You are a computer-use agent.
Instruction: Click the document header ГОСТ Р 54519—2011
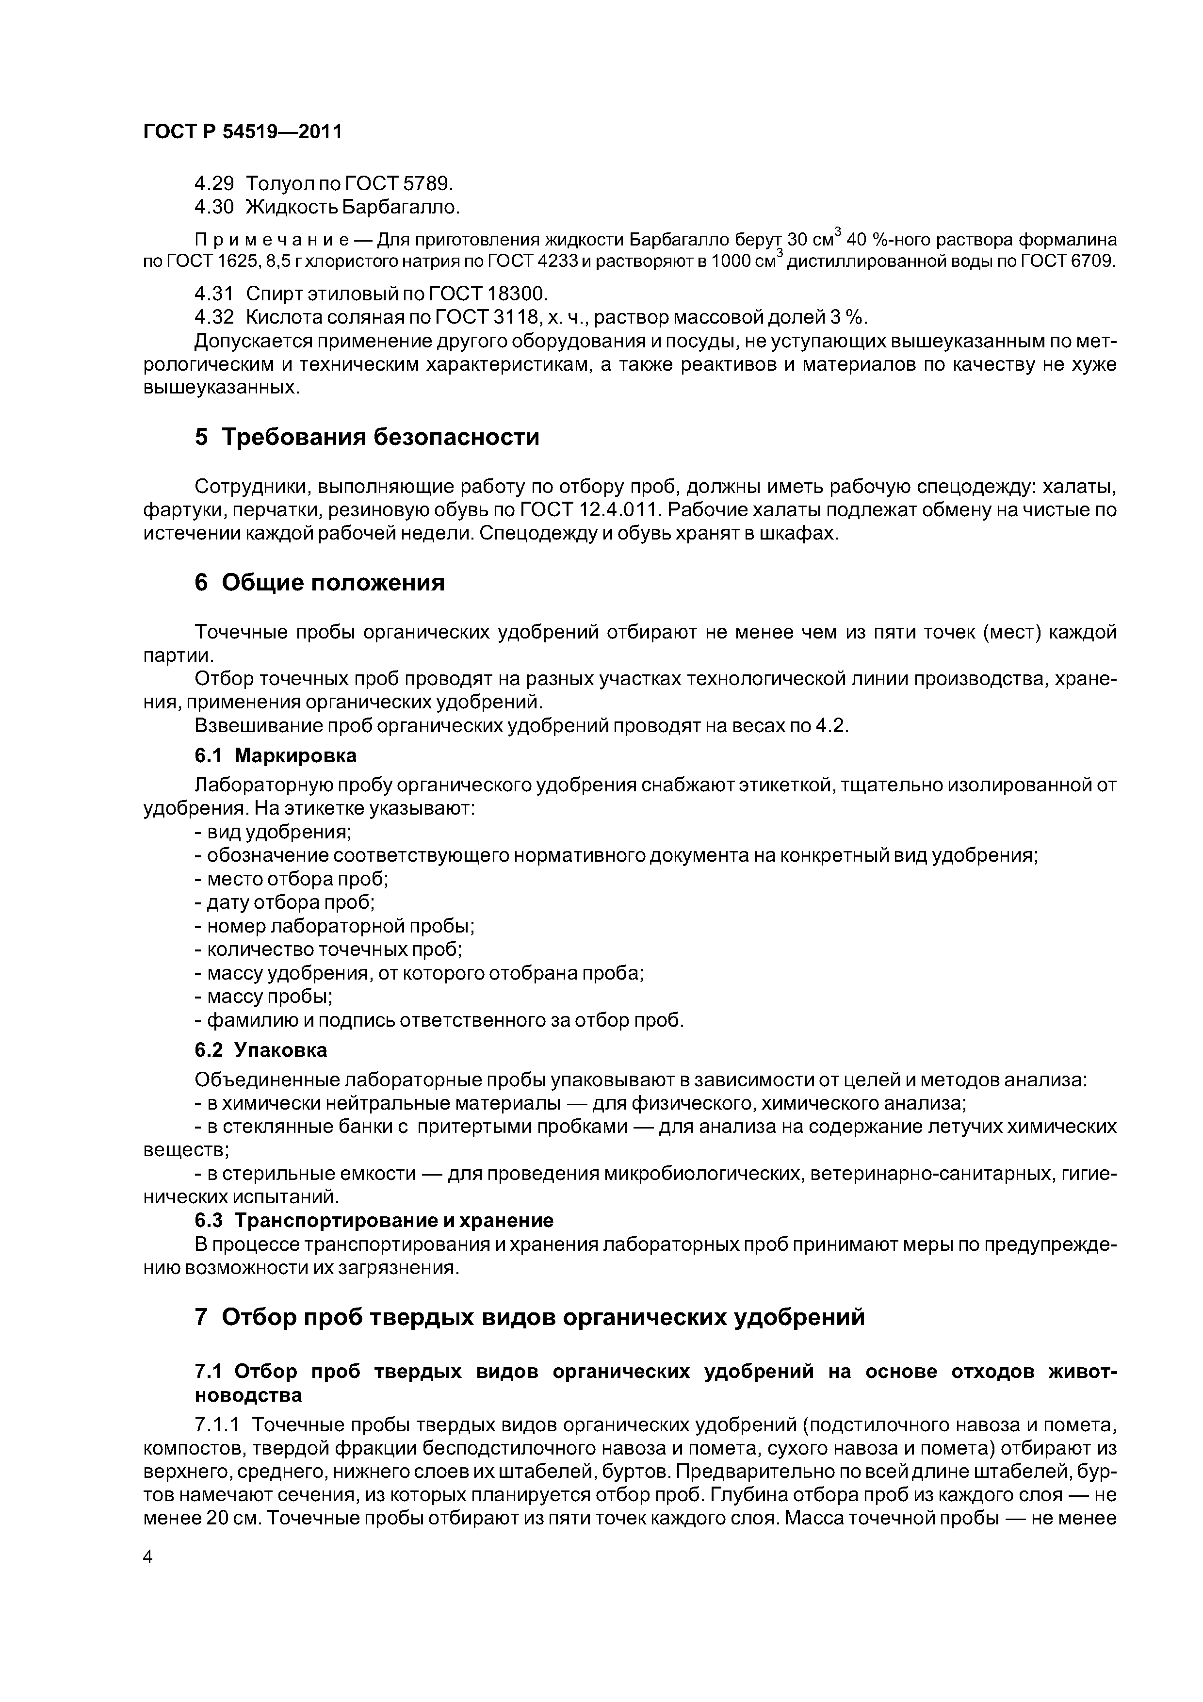[243, 132]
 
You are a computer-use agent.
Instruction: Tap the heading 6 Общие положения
[320, 583]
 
